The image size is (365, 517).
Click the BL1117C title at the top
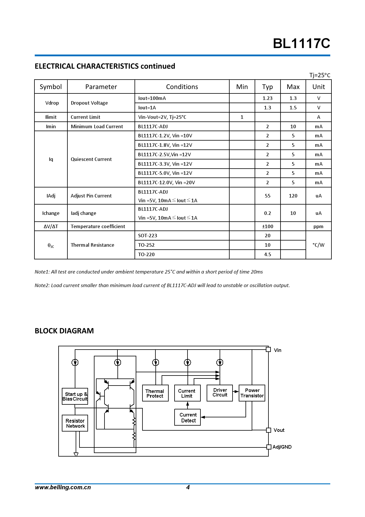click(x=301, y=44)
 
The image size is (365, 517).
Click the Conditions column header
click(x=182, y=87)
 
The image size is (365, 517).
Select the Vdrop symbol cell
click(x=52, y=103)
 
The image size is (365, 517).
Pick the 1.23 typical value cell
click(x=267, y=98)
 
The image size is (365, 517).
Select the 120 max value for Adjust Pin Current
click(x=293, y=196)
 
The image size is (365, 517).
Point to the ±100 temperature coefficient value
click(x=267, y=226)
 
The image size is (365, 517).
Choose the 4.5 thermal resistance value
click(x=267, y=254)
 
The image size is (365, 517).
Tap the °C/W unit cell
click(x=318, y=245)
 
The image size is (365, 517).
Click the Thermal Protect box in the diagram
click(x=155, y=393)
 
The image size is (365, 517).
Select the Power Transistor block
click(x=252, y=393)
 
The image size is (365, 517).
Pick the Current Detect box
click(x=188, y=417)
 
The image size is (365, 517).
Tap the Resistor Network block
click(x=75, y=423)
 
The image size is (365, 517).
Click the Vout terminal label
click(x=279, y=430)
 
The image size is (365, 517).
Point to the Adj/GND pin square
click(x=268, y=447)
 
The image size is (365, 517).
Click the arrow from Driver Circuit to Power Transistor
click(x=236, y=391)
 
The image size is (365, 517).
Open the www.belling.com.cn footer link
click(x=63, y=487)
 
